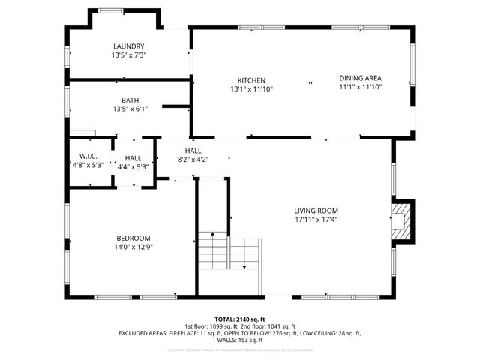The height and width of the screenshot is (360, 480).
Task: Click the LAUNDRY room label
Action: pyautogui.click(x=128, y=46)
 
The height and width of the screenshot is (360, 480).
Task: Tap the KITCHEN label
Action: pyautogui.click(x=251, y=80)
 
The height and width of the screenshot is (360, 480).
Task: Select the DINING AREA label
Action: pyautogui.click(x=360, y=78)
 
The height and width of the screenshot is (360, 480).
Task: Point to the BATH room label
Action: pyautogui.click(x=130, y=100)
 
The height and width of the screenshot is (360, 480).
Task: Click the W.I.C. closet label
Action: pyautogui.click(x=89, y=157)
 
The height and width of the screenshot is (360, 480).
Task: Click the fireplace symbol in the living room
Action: pyautogui.click(x=402, y=220)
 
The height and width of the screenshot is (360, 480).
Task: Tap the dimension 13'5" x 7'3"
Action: pyautogui.click(x=128, y=55)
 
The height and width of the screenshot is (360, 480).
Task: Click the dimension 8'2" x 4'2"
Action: pyautogui.click(x=193, y=160)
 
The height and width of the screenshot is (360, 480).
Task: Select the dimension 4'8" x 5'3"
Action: pyautogui.click(x=89, y=166)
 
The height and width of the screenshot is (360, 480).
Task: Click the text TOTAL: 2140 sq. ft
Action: pyautogui.click(x=240, y=319)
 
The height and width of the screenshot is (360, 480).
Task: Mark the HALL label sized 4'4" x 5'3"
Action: pyautogui.click(x=133, y=158)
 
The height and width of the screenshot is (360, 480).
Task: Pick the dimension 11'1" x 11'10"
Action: pyautogui.click(x=360, y=87)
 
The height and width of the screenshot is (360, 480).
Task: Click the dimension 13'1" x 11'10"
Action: pyautogui.click(x=251, y=89)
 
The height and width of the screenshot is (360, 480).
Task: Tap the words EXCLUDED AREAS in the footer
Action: pyautogui.click(x=142, y=332)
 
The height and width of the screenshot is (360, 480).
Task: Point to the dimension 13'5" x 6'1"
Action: pyautogui.click(x=130, y=109)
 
